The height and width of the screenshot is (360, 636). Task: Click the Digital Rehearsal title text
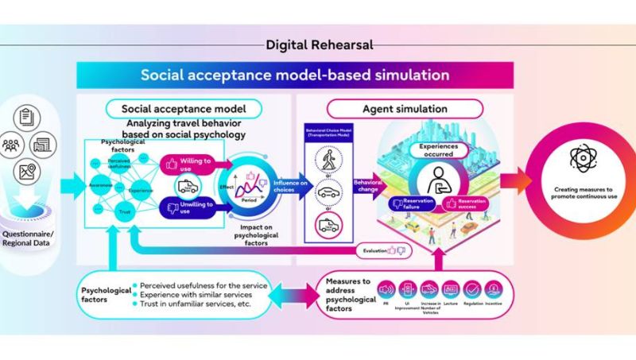coord(318,45)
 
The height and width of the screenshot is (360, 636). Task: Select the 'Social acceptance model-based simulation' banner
coord(295,76)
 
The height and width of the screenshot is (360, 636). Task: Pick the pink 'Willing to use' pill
coord(189,166)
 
